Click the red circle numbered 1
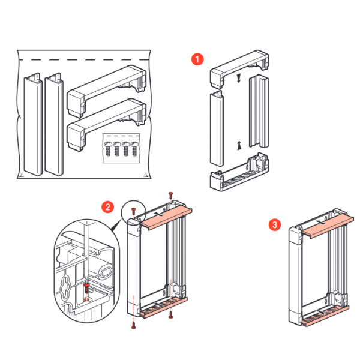[196, 59]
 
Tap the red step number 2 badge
[107, 208]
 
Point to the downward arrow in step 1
[239, 78]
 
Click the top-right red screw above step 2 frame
[171, 195]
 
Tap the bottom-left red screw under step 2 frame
[133, 326]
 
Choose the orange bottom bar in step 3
[325, 313]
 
